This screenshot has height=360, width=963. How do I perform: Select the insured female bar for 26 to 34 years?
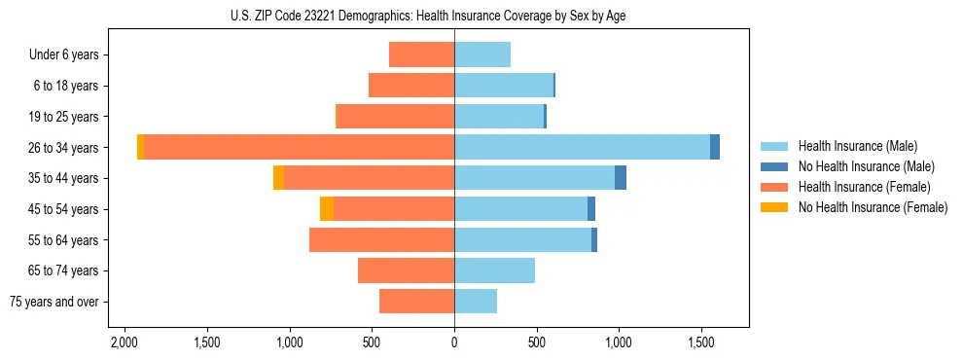click(299, 147)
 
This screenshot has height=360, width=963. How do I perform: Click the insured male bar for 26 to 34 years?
click(582, 147)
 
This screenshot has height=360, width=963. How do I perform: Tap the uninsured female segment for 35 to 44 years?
click(278, 178)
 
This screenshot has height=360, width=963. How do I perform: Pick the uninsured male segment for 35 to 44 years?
click(621, 178)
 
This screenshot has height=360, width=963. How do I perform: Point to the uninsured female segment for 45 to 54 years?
click(327, 209)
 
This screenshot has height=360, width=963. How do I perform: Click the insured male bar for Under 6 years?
click(482, 54)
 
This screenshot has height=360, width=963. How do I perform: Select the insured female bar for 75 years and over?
click(416, 302)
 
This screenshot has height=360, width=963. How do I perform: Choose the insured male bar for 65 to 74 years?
click(494, 270)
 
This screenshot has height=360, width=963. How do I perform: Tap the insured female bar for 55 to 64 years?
click(381, 239)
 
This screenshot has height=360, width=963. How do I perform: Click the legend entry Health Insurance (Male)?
click(857, 146)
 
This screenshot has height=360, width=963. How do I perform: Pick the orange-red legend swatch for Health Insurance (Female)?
click(774, 187)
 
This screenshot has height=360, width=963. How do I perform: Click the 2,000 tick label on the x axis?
click(125, 343)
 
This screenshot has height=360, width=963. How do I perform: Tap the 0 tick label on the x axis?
click(454, 343)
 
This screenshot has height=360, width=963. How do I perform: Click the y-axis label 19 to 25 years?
click(63, 117)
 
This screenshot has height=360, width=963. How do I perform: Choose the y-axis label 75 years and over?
click(54, 302)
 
